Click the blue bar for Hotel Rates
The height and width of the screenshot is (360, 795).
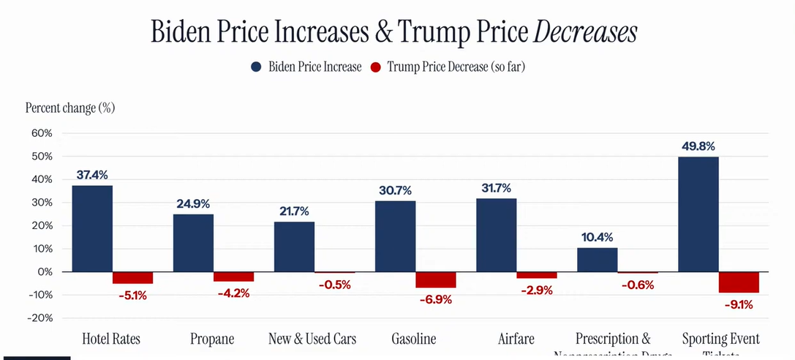[92, 228]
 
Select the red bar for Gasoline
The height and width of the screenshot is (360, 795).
[435, 280]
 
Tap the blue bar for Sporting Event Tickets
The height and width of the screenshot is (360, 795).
[698, 214]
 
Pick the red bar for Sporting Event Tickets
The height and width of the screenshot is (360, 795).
[739, 282]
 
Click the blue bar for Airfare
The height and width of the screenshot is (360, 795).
[496, 235]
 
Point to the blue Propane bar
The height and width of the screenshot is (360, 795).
[193, 242]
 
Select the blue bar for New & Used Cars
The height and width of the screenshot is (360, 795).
[294, 247]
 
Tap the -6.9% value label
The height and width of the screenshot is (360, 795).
[434, 299]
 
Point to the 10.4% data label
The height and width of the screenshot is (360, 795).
[598, 237]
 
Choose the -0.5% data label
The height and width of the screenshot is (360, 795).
[334, 285]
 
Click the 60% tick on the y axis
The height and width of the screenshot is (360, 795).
[42, 133]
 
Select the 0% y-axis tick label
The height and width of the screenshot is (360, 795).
[45, 272]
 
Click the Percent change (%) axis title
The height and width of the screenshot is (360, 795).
[70, 108]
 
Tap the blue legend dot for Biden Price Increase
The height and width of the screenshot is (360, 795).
[256, 67]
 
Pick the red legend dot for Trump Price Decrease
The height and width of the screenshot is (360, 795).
[376, 67]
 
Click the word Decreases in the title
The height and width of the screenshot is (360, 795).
[584, 32]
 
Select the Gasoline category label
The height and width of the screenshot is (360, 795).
[414, 339]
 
